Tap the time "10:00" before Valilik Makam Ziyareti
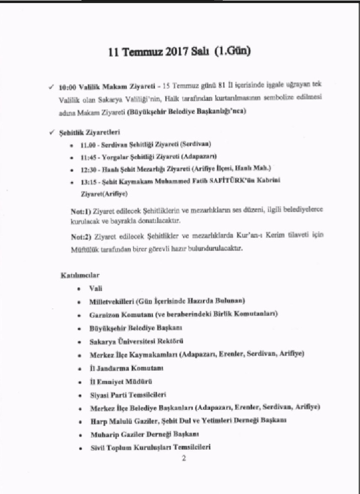[x=68, y=88]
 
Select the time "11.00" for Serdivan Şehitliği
[x=91, y=144]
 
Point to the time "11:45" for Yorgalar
[x=91, y=156]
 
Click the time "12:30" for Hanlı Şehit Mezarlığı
[x=91, y=169]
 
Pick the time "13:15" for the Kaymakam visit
[x=91, y=181]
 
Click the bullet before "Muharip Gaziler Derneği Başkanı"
[x=79, y=434]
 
